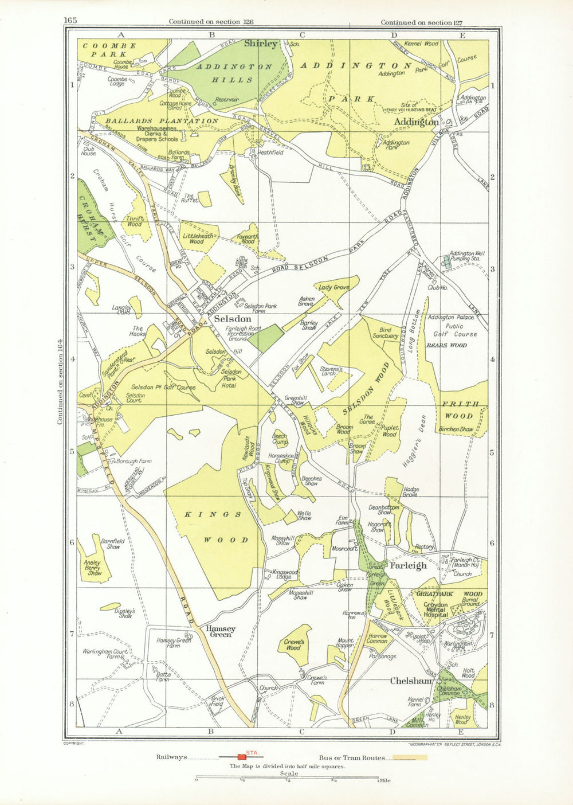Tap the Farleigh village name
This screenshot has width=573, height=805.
coord(408,565)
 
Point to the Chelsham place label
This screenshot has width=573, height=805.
coord(410,681)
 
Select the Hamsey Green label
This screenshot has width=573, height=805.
coord(221,631)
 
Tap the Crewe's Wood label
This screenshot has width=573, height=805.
coord(293,645)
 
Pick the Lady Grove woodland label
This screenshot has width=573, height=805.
coord(334,287)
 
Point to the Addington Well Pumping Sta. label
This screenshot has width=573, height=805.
coord(468,256)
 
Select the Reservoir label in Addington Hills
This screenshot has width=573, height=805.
coord(226,99)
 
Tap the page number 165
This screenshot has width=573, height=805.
coord(70,21)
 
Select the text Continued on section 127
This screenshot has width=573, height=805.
coord(421,22)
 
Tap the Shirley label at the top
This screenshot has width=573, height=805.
coord(261,44)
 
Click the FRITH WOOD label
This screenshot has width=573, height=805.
coord(460,410)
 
